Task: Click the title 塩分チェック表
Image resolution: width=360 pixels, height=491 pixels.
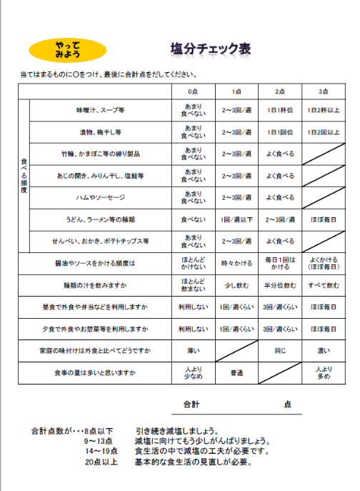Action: click(x=210, y=49)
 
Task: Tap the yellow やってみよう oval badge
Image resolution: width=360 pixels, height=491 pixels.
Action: click(x=68, y=50)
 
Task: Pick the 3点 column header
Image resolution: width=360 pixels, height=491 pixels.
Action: click(x=323, y=91)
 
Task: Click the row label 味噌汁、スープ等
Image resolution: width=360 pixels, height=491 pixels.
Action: click(x=101, y=111)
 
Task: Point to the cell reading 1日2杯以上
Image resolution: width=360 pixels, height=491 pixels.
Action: click(x=323, y=111)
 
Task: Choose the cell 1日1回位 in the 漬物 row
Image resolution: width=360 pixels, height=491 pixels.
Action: click(x=280, y=132)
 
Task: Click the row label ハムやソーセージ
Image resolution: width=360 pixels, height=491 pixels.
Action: click(x=101, y=197)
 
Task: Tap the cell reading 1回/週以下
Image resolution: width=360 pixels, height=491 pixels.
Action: click(x=236, y=219)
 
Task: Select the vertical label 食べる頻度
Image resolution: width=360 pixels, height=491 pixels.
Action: click(x=24, y=175)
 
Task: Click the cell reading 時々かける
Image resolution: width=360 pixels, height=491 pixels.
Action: click(x=236, y=263)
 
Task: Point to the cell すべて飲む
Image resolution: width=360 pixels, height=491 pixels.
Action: click(x=323, y=285)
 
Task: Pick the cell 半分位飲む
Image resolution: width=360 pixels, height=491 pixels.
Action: click(x=280, y=285)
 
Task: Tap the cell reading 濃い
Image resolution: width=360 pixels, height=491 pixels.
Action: click(x=323, y=351)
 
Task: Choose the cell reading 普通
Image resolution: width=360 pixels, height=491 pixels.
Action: click(x=236, y=373)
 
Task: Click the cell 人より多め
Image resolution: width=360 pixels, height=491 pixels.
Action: click(x=323, y=373)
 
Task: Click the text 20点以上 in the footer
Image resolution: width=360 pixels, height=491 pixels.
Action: click(x=100, y=462)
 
